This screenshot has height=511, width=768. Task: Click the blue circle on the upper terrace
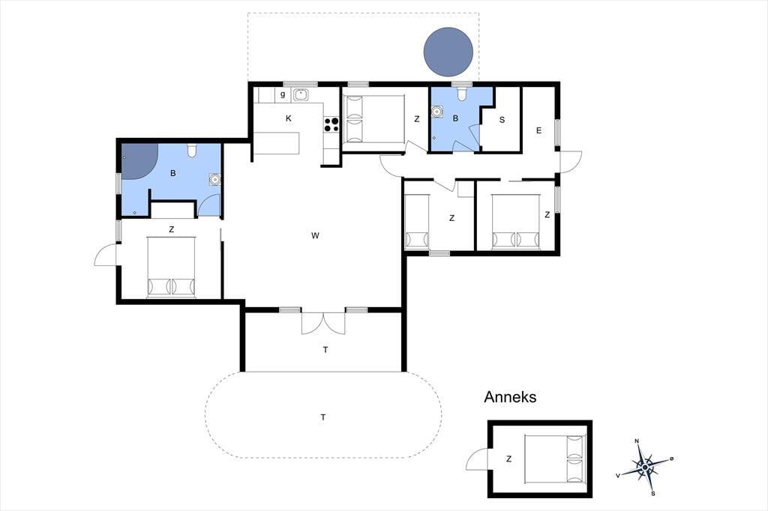(x=448, y=52)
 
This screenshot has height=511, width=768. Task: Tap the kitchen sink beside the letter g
(x=300, y=94)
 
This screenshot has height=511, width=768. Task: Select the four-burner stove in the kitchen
(x=331, y=124)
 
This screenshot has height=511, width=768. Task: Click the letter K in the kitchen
(x=289, y=118)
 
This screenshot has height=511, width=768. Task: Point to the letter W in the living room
(x=315, y=235)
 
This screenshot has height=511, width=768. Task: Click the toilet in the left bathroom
(x=192, y=151)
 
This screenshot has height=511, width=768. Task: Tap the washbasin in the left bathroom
(x=214, y=180)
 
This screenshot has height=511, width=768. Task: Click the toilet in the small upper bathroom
(x=461, y=94)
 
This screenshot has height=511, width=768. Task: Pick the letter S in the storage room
(x=502, y=120)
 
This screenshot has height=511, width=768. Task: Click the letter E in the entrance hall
(x=538, y=130)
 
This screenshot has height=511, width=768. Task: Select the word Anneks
(x=510, y=396)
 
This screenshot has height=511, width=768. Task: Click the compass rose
(x=645, y=468)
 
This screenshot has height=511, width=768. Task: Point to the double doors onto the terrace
(x=323, y=322)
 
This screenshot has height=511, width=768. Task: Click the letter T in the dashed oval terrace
(x=323, y=417)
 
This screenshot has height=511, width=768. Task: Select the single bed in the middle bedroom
(x=417, y=221)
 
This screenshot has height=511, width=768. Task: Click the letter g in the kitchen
(x=283, y=94)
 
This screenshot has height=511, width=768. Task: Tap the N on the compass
(x=637, y=441)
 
